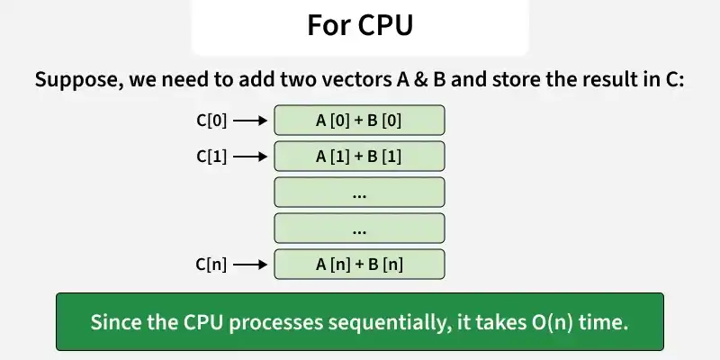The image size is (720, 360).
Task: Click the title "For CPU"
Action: point(360,25)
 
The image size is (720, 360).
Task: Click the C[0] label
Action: point(211,121)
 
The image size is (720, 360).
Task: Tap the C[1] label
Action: point(211,157)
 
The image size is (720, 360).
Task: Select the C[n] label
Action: point(211,265)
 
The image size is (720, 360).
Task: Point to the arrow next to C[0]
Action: point(250,121)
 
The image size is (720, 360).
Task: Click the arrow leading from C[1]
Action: point(250,157)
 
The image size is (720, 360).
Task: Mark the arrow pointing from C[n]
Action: point(250,265)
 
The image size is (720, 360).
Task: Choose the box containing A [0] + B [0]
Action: point(359,121)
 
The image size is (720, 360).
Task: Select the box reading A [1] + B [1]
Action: point(359,156)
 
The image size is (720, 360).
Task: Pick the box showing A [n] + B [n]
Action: point(359,264)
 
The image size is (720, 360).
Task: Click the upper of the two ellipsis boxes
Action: point(359,192)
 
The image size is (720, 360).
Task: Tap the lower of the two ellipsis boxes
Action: point(359,229)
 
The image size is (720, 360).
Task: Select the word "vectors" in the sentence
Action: point(354,80)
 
